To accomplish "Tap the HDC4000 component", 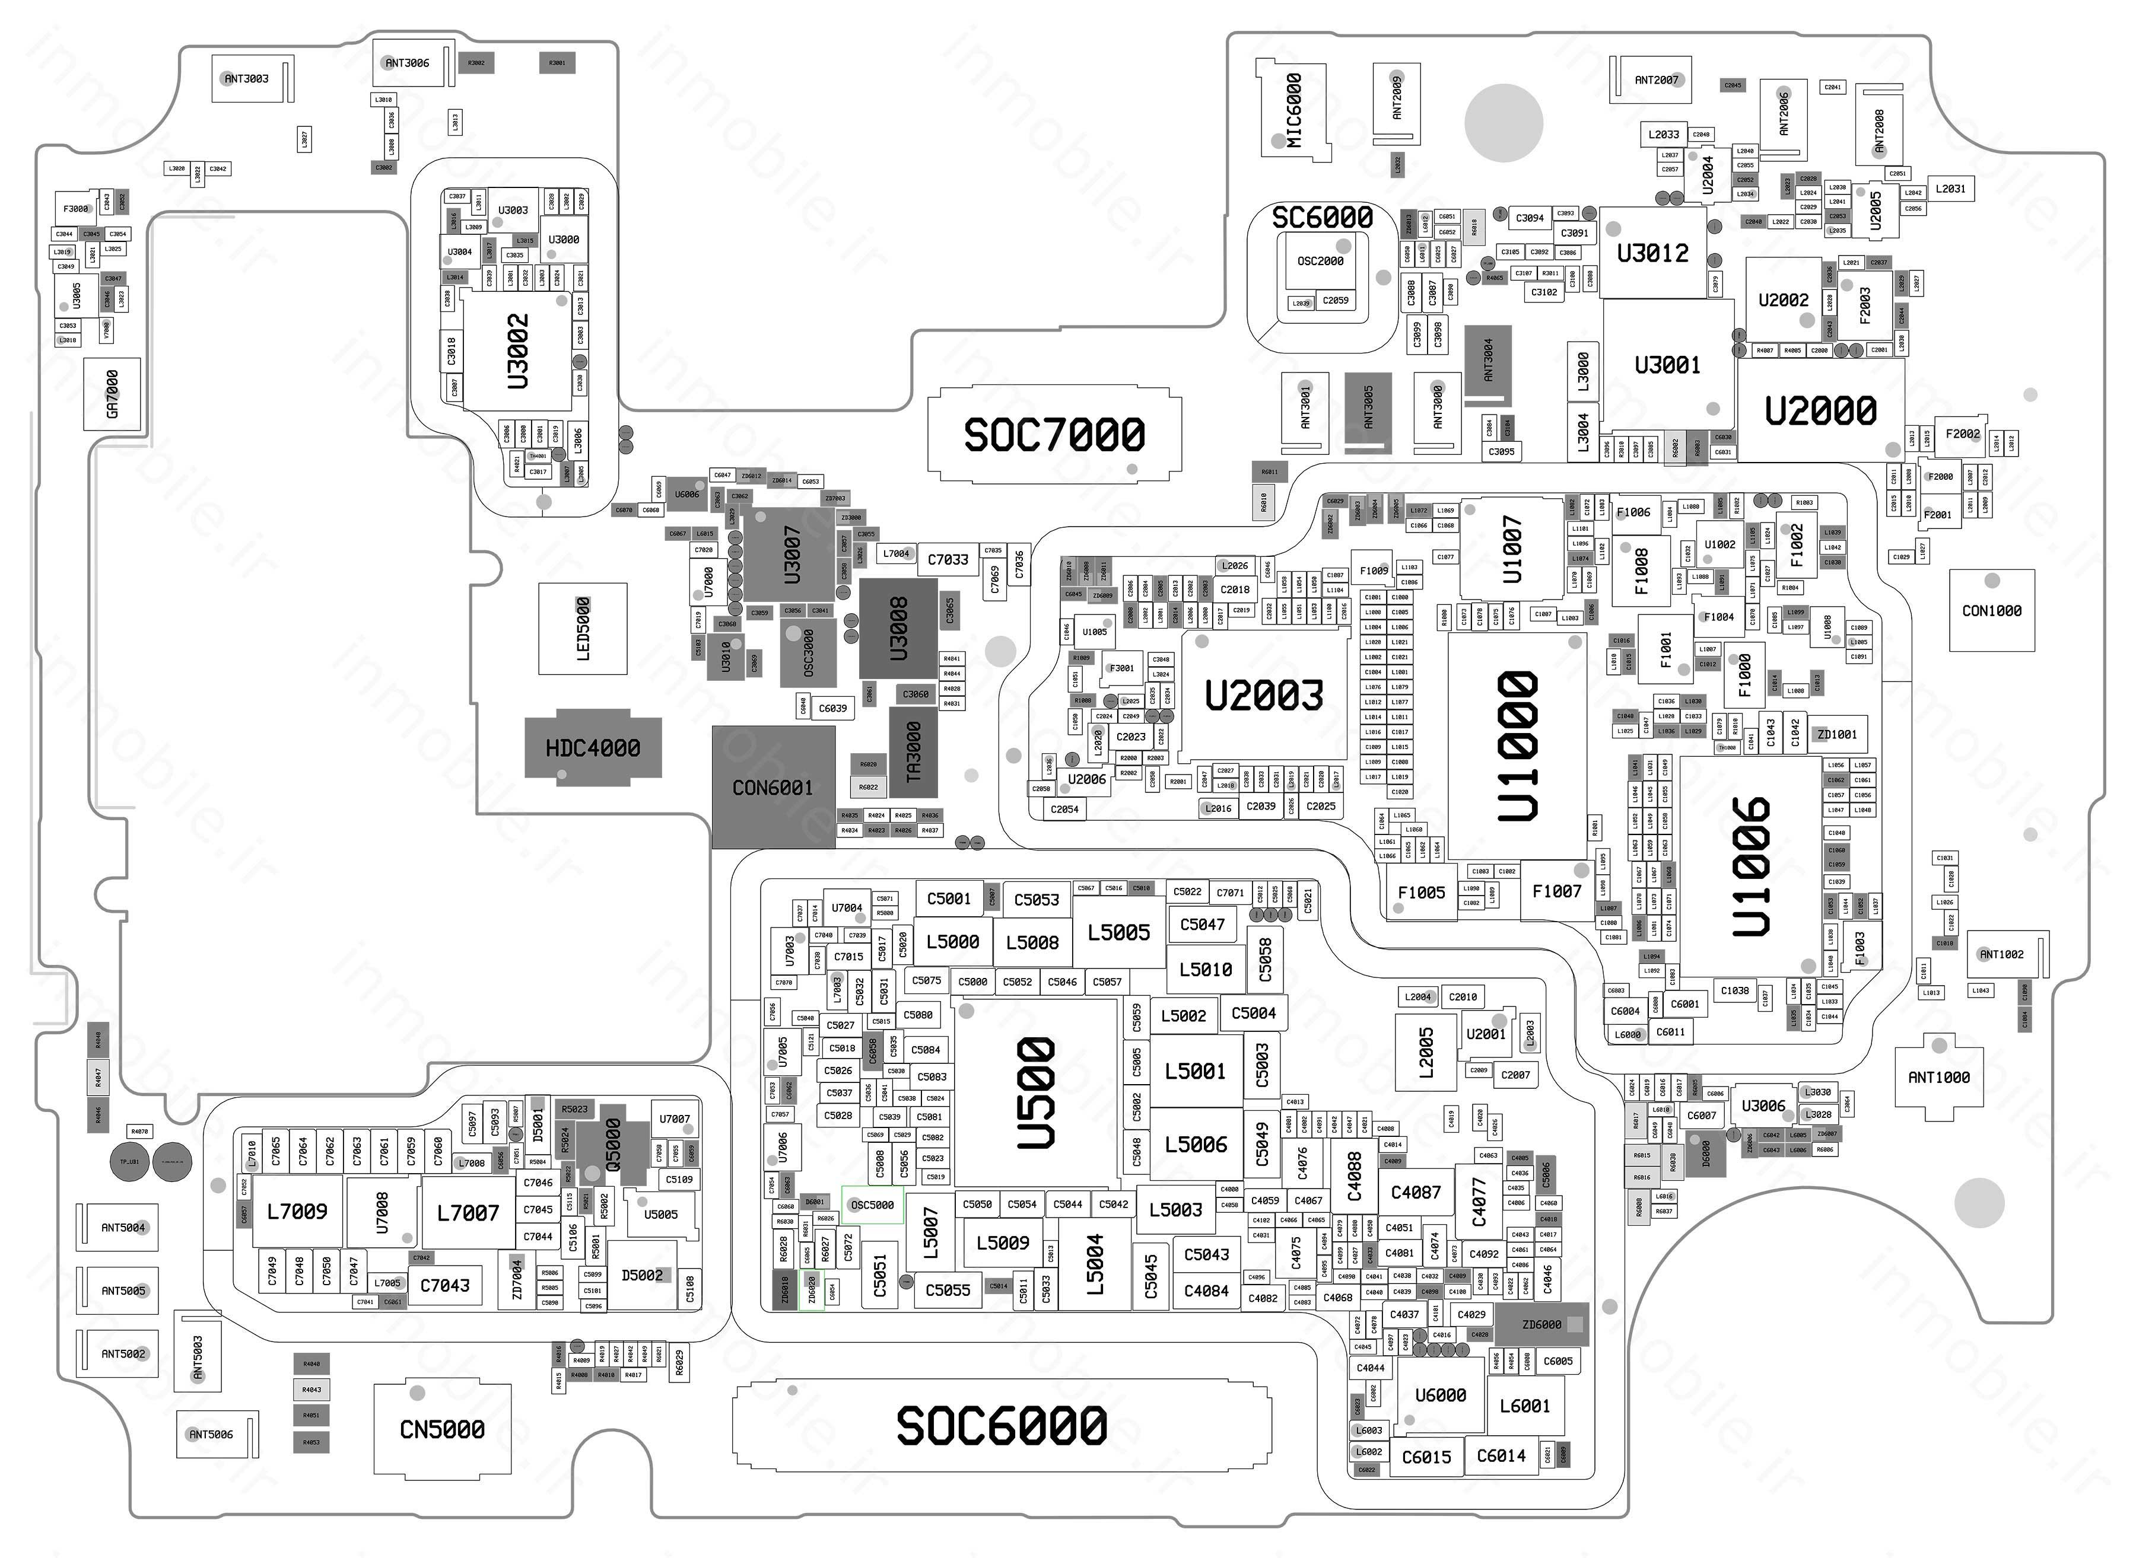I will [x=593, y=748].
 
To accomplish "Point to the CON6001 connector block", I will [x=773, y=788].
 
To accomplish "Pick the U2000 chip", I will [x=1820, y=411].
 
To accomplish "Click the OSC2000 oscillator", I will [x=1320, y=261].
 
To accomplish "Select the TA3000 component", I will [x=913, y=751].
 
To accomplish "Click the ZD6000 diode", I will [x=1541, y=1324].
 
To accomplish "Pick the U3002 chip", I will [x=517, y=351].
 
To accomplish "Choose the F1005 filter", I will [x=1421, y=892].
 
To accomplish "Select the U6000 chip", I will [x=1440, y=1395].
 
